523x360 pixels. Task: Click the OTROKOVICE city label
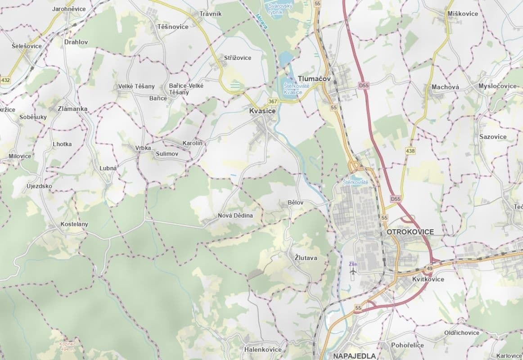click(x=410, y=232)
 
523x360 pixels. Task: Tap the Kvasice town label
click(x=262, y=110)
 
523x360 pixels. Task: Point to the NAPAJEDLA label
click(x=354, y=356)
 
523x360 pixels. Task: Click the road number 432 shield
click(x=5, y=80)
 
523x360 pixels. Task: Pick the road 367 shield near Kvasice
click(x=273, y=101)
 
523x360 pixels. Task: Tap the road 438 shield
click(x=410, y=151)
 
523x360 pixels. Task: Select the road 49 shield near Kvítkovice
click(x=429, y=269)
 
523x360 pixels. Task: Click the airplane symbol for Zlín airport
click(x=353, y=272)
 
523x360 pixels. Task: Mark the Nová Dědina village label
click(x=235, y=216)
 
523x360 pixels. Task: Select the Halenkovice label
click(x=263, y=350)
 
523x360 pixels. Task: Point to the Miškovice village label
click(x=463, y=13)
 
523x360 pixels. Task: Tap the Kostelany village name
click(x=74, y=224)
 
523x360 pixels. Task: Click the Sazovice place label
click(x=493, y=137)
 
